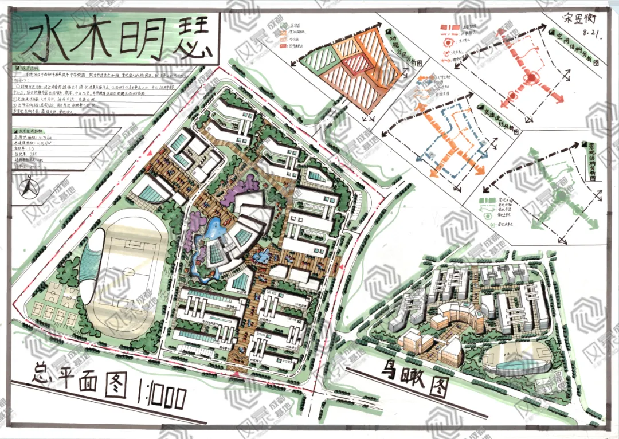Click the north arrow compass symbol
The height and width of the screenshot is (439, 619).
pos(28,189)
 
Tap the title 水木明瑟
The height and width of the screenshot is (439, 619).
pos(115,38)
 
